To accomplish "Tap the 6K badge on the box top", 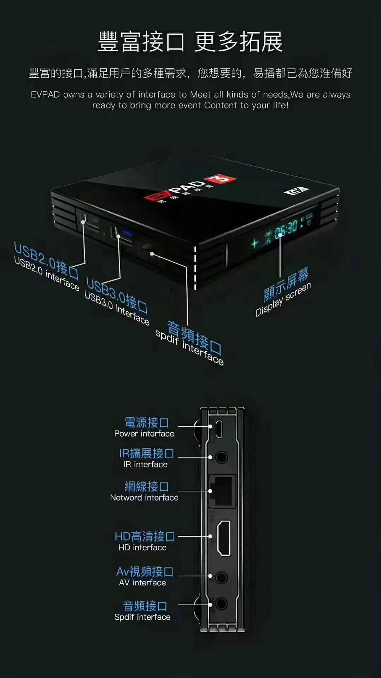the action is click(296, 191).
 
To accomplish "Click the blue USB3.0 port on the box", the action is click(126, 234).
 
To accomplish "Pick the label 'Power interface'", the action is click(144, 434).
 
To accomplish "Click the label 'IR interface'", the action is click(146, 464).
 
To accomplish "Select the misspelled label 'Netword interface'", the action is click(144, 498).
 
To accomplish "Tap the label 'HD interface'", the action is click(142, 548).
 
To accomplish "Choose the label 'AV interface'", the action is click(142, 583).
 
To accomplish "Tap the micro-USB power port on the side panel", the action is click(219, 429).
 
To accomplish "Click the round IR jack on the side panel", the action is click(221, 457).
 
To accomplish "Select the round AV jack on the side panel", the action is click(221, 578).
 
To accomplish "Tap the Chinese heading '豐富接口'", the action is click(141, 42).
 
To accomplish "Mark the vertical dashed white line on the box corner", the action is click(195, 268).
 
